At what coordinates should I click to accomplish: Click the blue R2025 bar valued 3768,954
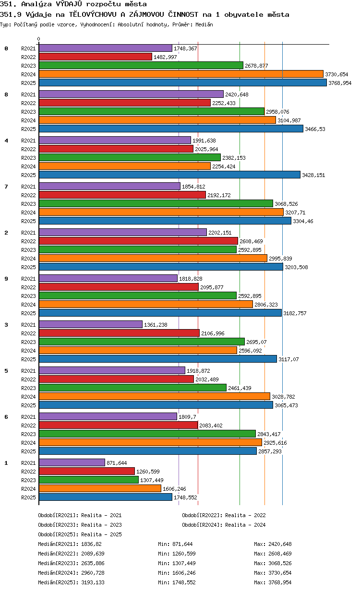183,83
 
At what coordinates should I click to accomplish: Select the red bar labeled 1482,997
96,57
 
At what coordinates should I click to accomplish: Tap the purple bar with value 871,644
72,462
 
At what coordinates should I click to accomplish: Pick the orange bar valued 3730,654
181,74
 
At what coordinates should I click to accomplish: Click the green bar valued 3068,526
156,204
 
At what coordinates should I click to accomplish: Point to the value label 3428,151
313,175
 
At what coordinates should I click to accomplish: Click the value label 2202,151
220,233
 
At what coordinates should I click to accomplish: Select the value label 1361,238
156,325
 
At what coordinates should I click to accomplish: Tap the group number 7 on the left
6,187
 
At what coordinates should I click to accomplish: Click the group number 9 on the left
6,279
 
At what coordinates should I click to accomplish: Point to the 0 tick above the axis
39,39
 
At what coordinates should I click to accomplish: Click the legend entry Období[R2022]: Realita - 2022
224,515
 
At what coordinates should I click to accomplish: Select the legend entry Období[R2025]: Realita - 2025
80,534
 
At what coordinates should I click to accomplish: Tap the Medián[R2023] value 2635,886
93,563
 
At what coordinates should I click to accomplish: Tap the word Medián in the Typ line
204,24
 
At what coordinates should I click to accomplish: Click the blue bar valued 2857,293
148,451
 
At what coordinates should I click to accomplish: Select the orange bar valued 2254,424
125,166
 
